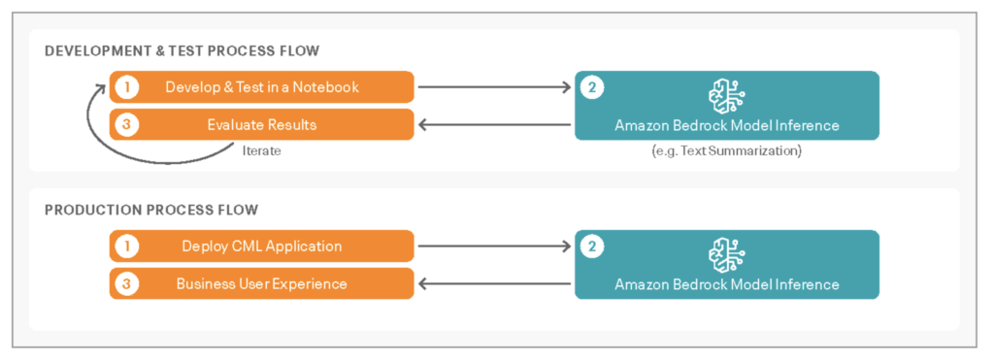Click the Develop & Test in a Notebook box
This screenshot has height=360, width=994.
(x=262, y=87)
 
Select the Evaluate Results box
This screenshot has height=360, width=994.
(x=262, y=125)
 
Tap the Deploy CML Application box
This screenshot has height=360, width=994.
(x=262, y=246)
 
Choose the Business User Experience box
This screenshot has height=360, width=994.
(x=262, y=284)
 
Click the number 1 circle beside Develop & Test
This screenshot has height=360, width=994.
(x=125, y=87)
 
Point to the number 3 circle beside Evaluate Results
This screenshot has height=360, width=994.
(x=125, y=125)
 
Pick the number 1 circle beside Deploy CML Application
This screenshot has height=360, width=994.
(x=125, y=246)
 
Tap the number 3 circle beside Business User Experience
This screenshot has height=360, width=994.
(x=125, y=284)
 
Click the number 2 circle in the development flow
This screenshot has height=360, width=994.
(x=592, y=87)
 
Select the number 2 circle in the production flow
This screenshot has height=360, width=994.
(x=592, y=246)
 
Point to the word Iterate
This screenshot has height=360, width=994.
(x=261, y=151)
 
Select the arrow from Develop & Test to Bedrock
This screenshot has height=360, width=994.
(x=495, y=87)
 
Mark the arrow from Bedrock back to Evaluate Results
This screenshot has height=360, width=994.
(x=495, y=125)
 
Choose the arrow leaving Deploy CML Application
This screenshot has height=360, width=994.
(x=495, y=246)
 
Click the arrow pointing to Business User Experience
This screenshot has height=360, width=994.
(x=495, y=284)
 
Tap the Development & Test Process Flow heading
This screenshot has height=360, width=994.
(x=182, y=50)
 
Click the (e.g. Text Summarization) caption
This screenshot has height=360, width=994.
(x=727, y=151)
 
